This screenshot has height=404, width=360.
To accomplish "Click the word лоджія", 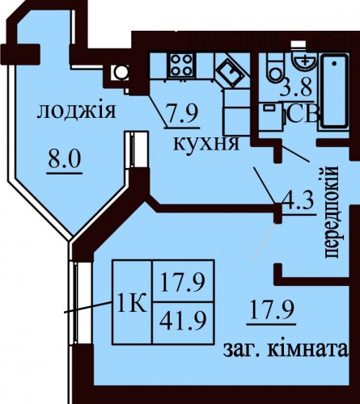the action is point(76,111).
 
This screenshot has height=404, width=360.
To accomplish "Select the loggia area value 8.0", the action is point(65,159).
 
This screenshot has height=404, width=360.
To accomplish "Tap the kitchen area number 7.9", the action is point(182,113).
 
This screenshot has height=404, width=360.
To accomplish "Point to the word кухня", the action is point(206,144).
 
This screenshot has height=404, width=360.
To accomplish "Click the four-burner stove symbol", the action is point(182,65).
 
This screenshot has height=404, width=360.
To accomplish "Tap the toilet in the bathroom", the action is point(275,68).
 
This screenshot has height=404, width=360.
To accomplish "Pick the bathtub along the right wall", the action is point(335,91).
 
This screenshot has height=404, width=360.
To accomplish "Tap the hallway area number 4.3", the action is point(298,201).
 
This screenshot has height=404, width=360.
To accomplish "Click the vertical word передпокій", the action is point(330,213).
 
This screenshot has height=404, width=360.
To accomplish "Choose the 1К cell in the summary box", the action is point(133,302).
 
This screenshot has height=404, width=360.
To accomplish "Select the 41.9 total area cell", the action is point(184,323).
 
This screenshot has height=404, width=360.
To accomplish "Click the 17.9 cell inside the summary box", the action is point(184,281).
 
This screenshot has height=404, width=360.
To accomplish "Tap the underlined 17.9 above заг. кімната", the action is point(272,310).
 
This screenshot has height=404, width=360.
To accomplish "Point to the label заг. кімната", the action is point(286,350).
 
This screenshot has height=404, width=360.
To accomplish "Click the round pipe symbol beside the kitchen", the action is point(120,73).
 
